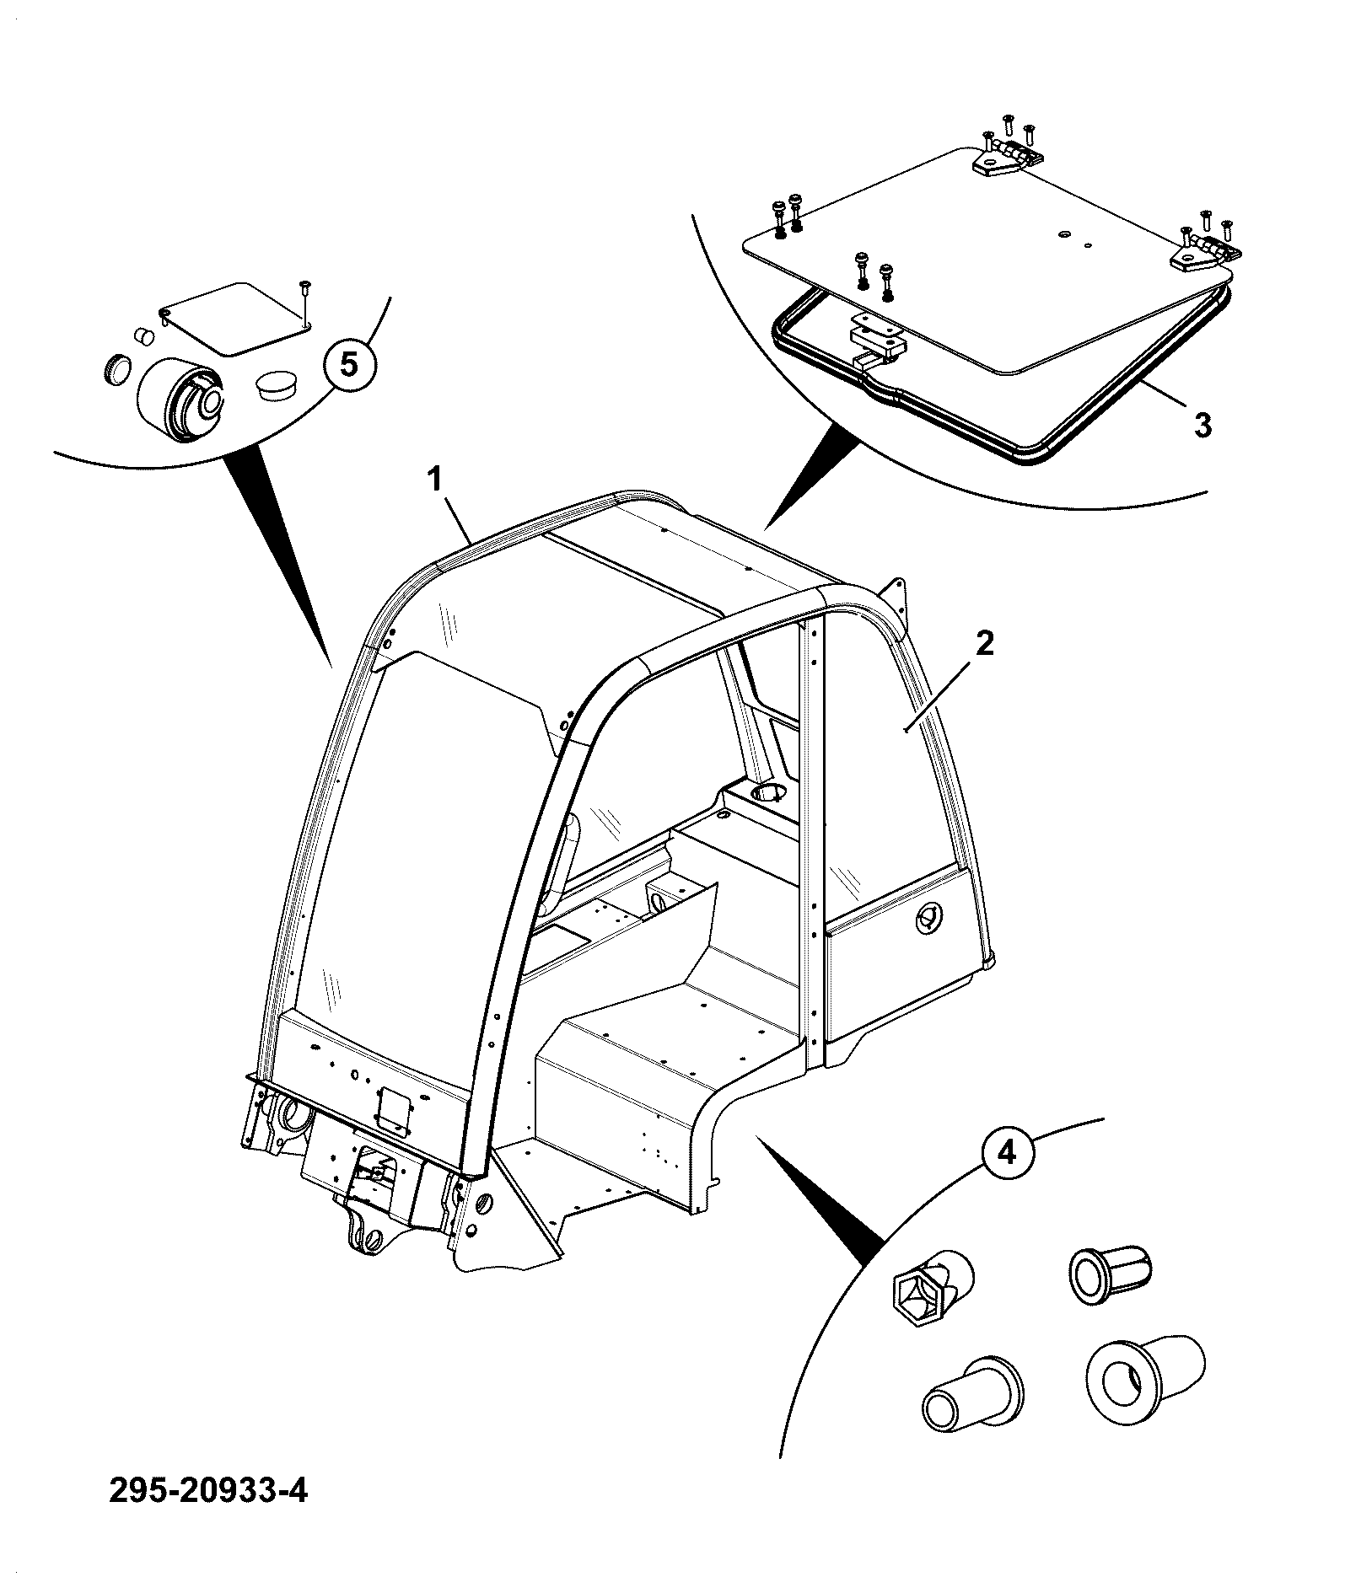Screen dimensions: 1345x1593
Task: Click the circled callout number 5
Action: click(x=349, y=364)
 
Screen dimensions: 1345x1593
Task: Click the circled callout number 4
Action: click(x=1009, y=1152)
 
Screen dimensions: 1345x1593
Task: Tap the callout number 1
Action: click(x=435, y=480)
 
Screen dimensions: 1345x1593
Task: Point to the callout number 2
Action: click(x=985, y=644)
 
